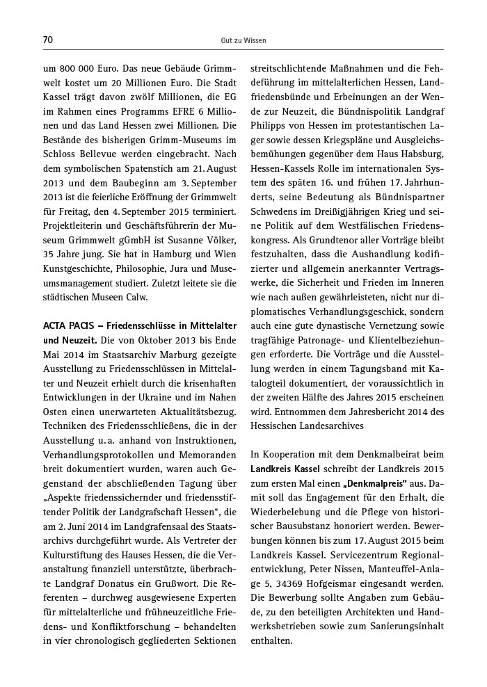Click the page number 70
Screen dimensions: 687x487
click(x=48, y=40)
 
